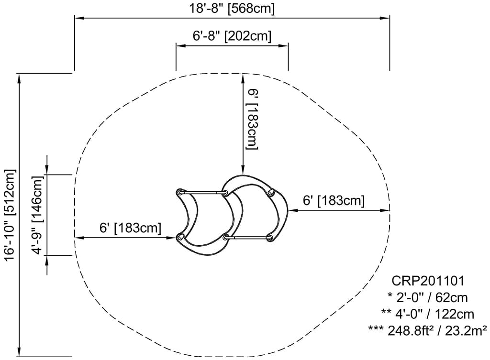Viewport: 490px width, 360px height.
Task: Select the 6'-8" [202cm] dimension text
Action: click(232, 36)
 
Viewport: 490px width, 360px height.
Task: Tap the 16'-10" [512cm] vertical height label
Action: click(10, 214)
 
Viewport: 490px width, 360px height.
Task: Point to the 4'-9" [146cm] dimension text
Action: click(38, 215)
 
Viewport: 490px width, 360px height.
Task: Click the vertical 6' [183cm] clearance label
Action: click(253, 119)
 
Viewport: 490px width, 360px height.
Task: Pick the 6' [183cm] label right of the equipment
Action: click(334, 200)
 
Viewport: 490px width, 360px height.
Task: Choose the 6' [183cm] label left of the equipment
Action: click(130, 228)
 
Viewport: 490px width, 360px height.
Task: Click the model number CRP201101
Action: click(428, 281)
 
